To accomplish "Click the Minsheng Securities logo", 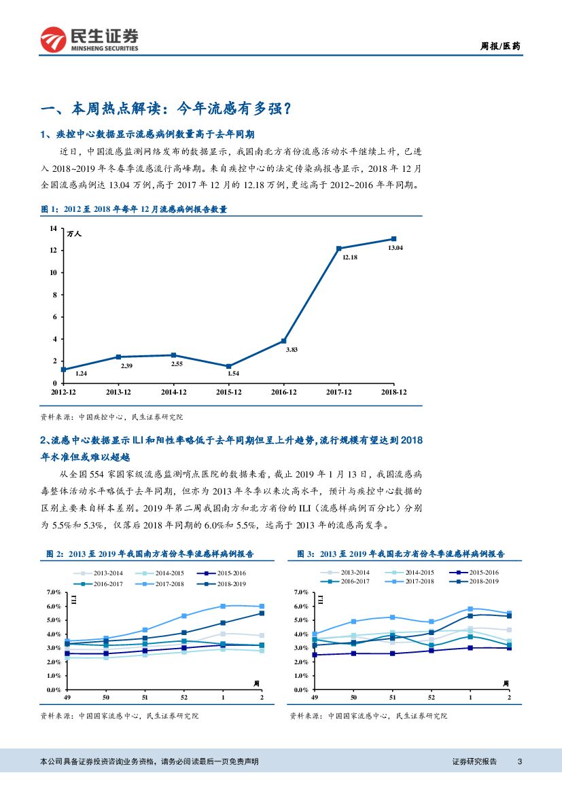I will coord(89,39).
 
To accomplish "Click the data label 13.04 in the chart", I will coord(396,248).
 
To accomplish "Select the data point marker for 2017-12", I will coord(339,249).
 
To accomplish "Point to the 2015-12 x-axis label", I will coord(228,392).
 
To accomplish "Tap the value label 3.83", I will coord(292,349).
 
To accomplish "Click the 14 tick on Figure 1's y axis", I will coord(53,228).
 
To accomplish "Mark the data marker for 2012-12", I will coord(63,369).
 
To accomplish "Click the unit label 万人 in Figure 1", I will coord(74,234).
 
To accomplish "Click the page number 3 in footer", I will coord(519,761).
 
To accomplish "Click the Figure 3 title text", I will coord(400,554).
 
